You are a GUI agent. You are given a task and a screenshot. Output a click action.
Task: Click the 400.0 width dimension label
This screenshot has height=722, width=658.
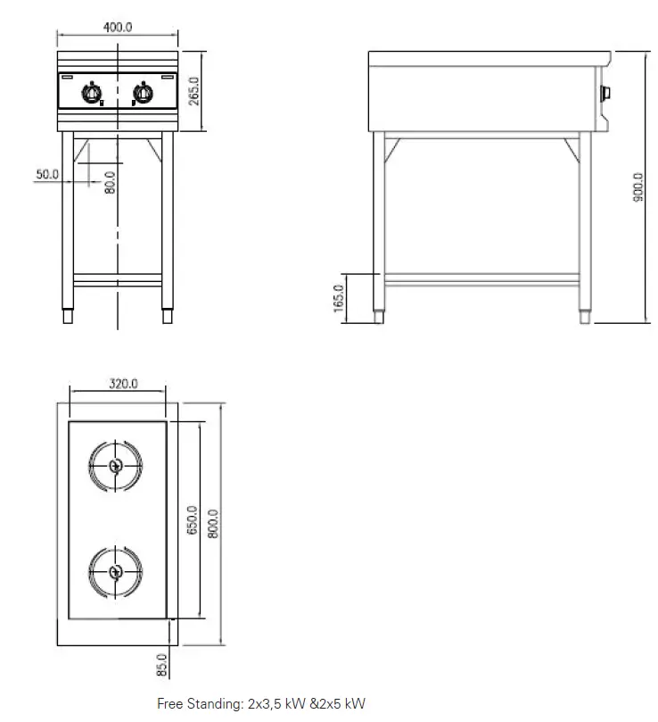point(118,27)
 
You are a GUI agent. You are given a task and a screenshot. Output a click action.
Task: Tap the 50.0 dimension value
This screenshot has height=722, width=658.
point(47,175)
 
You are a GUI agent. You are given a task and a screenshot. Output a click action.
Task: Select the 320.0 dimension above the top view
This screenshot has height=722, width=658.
point(123,385)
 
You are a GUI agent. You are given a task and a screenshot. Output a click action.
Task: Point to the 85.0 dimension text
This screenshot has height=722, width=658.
point(161,666)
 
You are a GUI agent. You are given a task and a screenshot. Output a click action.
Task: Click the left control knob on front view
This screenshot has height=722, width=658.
point(92,91)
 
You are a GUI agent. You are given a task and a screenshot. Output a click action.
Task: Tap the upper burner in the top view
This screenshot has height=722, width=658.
point(114,466)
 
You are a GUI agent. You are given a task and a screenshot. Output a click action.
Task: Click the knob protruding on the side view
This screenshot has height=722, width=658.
point(607,92)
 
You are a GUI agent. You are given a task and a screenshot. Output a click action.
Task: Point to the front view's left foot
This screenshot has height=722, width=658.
point(68,316)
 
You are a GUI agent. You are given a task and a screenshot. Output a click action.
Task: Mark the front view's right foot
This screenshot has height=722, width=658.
point(167,316)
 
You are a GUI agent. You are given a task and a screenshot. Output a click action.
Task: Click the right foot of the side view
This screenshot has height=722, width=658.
point(584,316)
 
